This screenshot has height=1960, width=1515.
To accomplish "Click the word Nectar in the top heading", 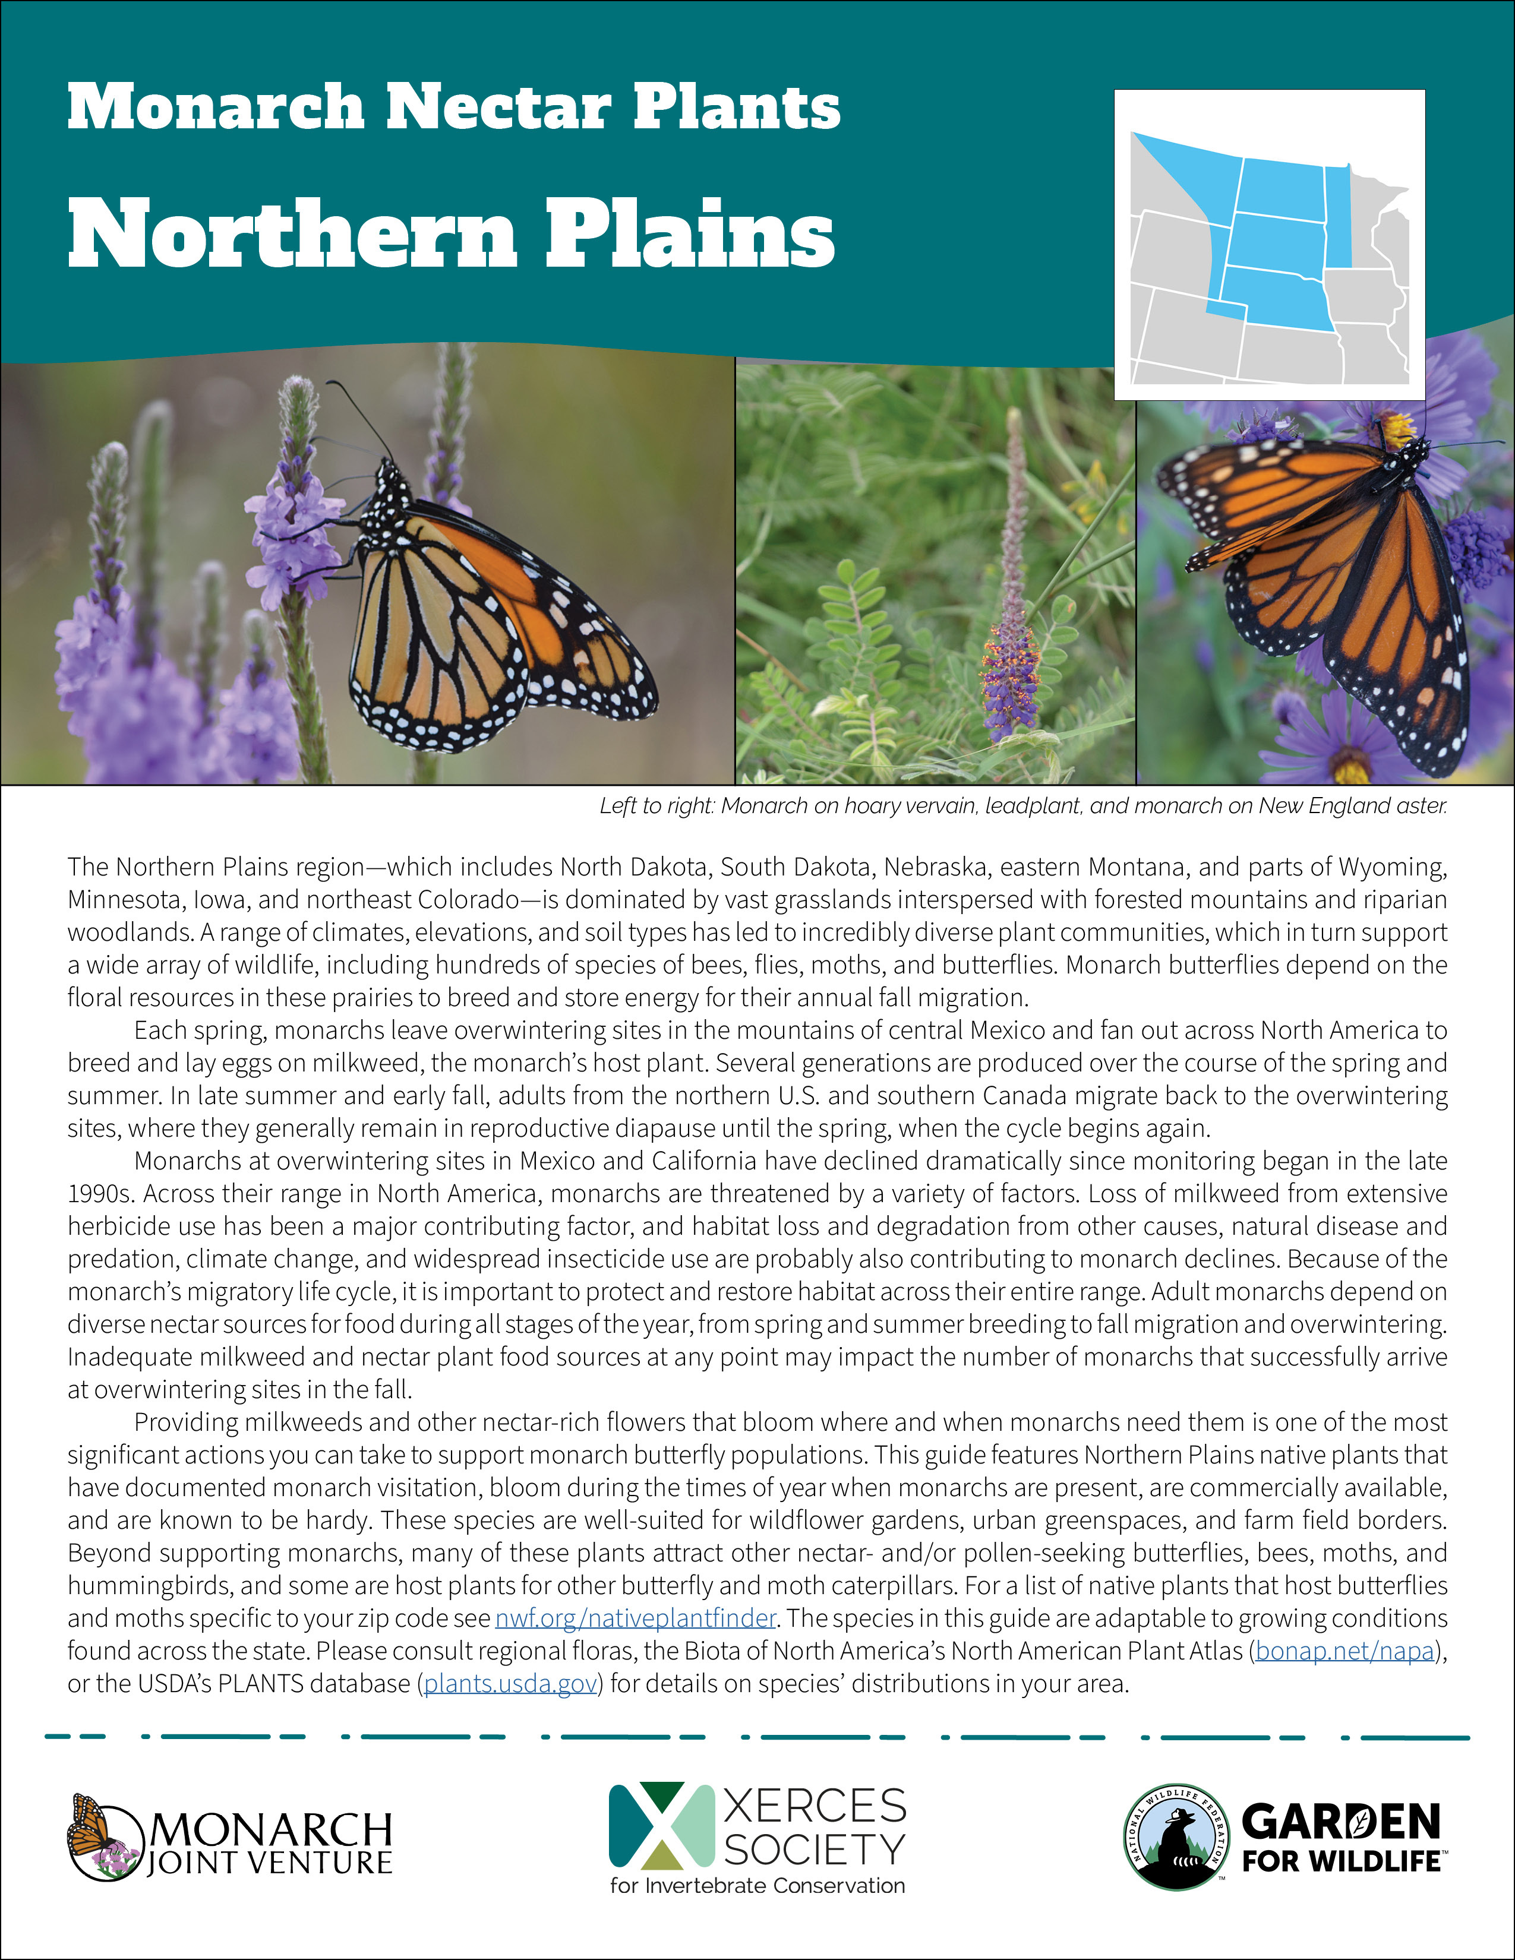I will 498,107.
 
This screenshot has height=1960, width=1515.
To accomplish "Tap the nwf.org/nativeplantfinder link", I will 636,1618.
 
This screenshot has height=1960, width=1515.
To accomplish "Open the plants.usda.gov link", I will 511,1684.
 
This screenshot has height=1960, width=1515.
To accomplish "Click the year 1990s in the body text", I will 100,1194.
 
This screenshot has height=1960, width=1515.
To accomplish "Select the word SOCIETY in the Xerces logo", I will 814,1850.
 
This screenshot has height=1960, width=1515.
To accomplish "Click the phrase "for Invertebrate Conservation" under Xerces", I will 756,1886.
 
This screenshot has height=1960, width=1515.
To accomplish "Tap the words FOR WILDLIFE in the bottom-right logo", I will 1341,1862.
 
